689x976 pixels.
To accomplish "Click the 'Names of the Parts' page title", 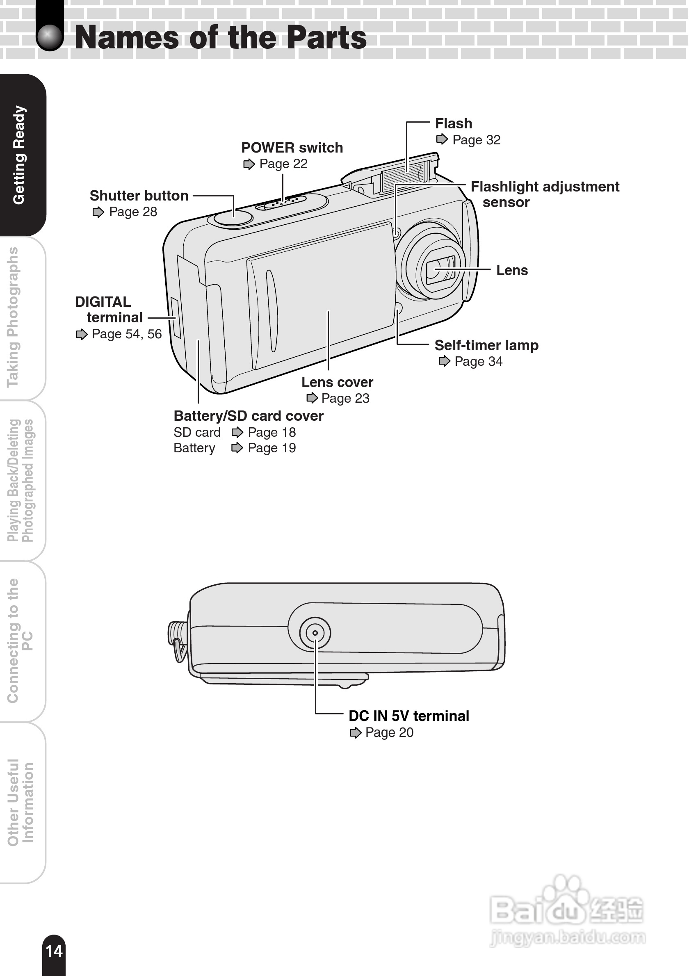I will (220, 37).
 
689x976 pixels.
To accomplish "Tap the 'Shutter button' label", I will (139, 196).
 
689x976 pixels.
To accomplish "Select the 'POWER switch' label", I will (292, 148).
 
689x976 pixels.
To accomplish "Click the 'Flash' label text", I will (453, 123).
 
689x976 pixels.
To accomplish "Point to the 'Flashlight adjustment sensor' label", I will (545, 194).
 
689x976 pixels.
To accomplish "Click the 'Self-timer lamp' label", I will (486, 345).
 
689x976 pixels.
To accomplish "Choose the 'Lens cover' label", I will (337, 382).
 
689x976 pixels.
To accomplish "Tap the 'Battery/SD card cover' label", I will (248, 416).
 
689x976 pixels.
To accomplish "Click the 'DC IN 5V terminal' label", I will (408, 716).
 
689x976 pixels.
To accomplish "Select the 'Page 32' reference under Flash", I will (476, 140).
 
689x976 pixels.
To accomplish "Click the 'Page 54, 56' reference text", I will (127, 334).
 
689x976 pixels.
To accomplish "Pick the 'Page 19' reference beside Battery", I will (271, 448).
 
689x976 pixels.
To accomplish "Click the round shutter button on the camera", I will (233, 218).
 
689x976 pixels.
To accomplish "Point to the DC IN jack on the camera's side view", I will (315, 633).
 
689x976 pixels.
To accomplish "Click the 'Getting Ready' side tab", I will (20, 155).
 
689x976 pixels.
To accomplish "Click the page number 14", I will (54, 951).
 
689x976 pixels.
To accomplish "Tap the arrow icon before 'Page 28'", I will (98, 212).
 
